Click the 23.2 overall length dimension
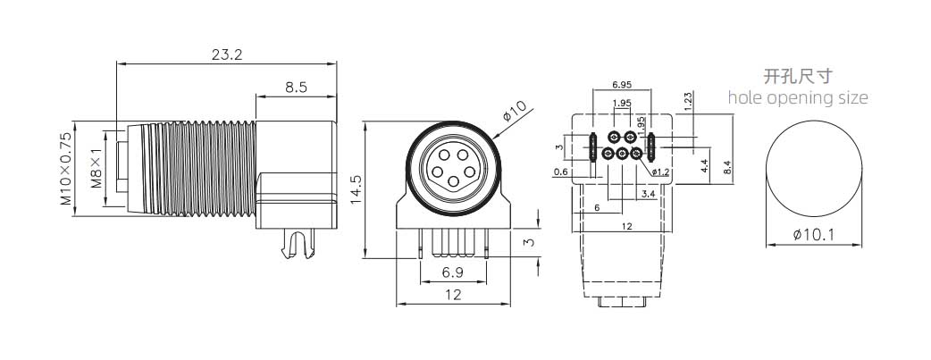[227, 54]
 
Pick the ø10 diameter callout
[516, 113]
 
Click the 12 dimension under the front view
[453, 294]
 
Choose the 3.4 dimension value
[648, 192]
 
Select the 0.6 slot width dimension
[560, 172]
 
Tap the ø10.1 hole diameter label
[813, 236]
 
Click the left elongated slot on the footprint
[593, 145]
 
